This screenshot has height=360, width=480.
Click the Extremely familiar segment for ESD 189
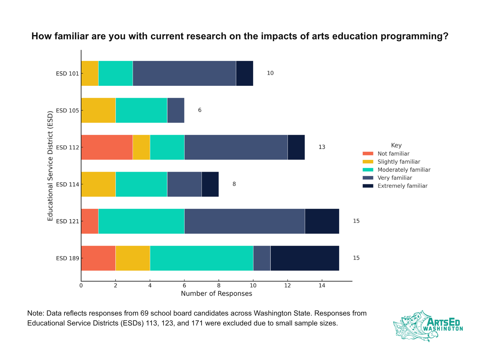pyautogui.click(x=305, y=258)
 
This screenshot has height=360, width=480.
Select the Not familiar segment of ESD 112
pyautogui.click(x=107, y=147)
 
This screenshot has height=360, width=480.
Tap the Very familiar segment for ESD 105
pyautogui.click(x=175, y=110)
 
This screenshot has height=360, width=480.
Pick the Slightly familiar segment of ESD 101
pyautogui.click(x=90, y=73)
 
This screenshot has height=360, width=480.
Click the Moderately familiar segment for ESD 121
pyautogui.click(x=141, y=221)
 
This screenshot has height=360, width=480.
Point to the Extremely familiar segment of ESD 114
pyautogui.click(x=210, y=184)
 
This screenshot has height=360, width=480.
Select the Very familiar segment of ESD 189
pyautogui.click(x=262, y=258)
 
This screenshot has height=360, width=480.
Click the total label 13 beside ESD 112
pyautogui.click(x=322, y=147)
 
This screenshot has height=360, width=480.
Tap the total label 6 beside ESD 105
pyautogui.click(x=199, y=110)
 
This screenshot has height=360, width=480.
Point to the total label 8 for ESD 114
pyautogui.click(x=234, y=184)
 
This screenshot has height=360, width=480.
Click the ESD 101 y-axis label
pyautogui.click(x=67, y=73)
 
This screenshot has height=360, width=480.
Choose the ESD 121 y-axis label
pyautogui.click(x=67, y=221)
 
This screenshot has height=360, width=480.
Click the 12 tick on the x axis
pyautogui.click(x=287, y=286)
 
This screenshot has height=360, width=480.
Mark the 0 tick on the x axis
pyautogui.click(x=81, y=286)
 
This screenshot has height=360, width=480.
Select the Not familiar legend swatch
pyautogui.click(x=368, y=154)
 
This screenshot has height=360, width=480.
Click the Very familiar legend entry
pyautogui.click(x=395, y=178)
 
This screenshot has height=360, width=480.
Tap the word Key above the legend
pyautogui.click(x=396, y=145)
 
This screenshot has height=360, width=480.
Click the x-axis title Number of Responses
pyautogui.click(x=216, y=294)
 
